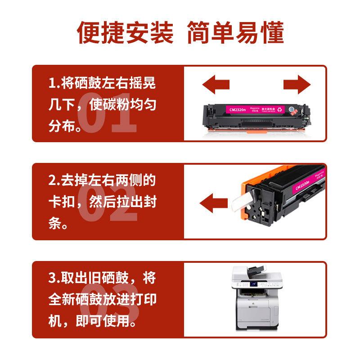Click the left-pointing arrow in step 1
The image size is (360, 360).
tap(216, 84)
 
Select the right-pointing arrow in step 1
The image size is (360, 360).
tap(297, 84)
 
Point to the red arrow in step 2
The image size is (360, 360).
tap(213, 201)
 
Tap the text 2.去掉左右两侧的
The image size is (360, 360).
tap(102, 180)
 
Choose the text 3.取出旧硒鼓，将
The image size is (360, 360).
tap(102, 278)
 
